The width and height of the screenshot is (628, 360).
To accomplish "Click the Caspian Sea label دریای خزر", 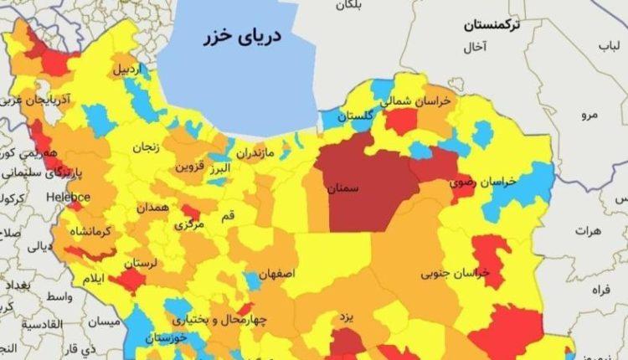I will (x=243, y=38).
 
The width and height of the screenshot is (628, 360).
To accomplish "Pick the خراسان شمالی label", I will (x=417, y=101).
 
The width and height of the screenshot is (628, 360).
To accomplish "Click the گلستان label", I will (x=355, y=116).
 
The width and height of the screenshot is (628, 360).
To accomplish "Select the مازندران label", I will (x=254, y=154).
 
